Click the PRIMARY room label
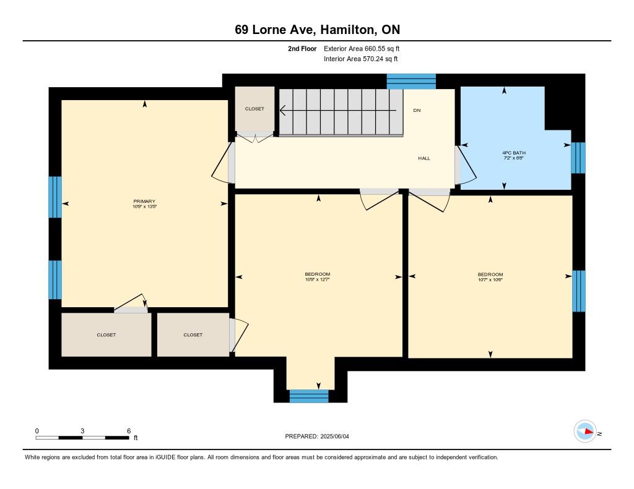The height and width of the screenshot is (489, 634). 144,201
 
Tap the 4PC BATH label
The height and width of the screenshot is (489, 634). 513,153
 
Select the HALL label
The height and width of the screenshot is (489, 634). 424,158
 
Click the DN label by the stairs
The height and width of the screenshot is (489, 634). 417,110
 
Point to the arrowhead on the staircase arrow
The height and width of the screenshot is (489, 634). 282,110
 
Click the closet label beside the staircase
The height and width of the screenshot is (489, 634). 254,109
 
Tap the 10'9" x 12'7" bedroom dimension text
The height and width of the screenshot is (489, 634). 318,279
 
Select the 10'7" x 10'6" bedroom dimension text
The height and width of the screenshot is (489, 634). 490,279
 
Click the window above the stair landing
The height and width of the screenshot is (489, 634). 411,81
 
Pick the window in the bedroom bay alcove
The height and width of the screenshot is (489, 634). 309,396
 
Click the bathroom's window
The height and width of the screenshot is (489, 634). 578,158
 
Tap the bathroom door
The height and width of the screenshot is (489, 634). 466,166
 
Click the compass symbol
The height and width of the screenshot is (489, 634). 585,432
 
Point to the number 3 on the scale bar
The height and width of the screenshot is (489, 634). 82,431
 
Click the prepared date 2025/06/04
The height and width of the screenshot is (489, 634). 334,436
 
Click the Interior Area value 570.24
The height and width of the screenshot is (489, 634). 373,59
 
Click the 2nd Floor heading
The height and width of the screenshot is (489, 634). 302,48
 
